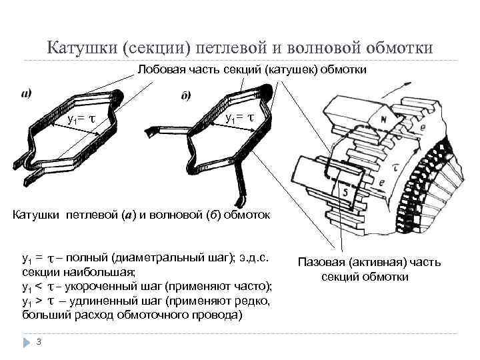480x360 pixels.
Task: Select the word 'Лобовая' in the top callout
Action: [x=162, y=70]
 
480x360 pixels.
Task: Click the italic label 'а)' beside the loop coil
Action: [x=29, y=94]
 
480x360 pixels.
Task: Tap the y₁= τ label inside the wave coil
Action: [x=239, y=118]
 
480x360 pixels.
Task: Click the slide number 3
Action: [x=39, y=342]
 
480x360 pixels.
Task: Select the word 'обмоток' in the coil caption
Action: [x=251, y=215]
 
